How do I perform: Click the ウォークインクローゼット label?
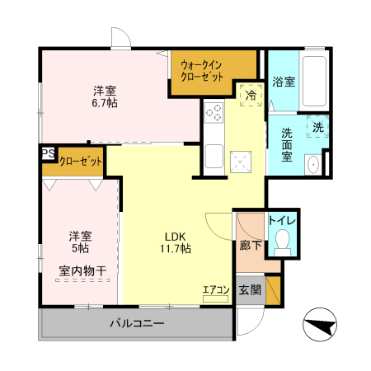[202, 69]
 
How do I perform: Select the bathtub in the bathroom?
[316, 81]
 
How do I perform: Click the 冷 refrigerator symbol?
[248, 95]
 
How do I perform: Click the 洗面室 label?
[287, 144]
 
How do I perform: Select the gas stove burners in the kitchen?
[214, 114]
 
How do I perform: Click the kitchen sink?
[213, 154]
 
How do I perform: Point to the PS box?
[49, 153]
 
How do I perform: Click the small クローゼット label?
[80, 161]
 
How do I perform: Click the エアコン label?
[215, 289]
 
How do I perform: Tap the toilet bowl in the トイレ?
[283, 240]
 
